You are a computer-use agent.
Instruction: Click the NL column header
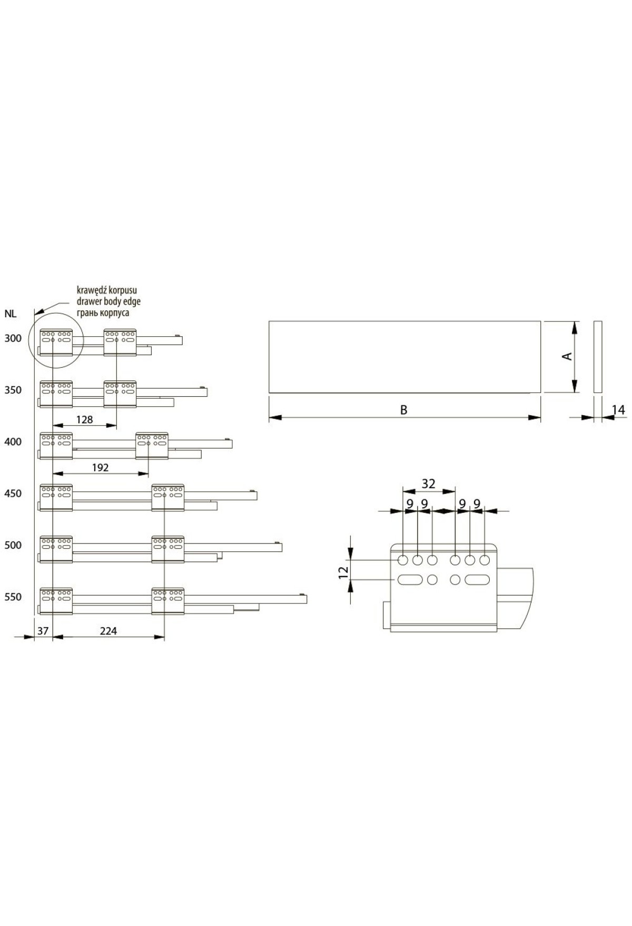coord(11,315)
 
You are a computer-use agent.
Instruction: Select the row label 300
coord(13,338)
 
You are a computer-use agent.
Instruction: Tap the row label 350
coord(13,390)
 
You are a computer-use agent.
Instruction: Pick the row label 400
coord(13,441)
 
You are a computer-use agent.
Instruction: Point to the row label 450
coord(13,494)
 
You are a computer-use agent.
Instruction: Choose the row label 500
coord(13,545)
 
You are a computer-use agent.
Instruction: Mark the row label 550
coord(13,597)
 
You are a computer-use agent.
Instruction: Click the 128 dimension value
coord(84,419)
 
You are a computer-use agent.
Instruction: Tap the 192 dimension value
coord(100,467)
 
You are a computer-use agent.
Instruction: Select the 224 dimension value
coord(108,630)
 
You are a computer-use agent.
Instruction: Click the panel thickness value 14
coord(619,410)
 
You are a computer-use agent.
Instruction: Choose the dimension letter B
coord(404,410)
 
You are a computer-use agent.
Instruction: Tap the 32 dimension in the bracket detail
coord(428,484)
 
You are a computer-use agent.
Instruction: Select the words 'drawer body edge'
coord(108,301)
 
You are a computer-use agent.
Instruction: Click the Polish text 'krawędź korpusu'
coord(107,290)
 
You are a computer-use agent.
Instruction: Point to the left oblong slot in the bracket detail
coord(410,580)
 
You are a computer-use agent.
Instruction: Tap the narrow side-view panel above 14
coord(598,356)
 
